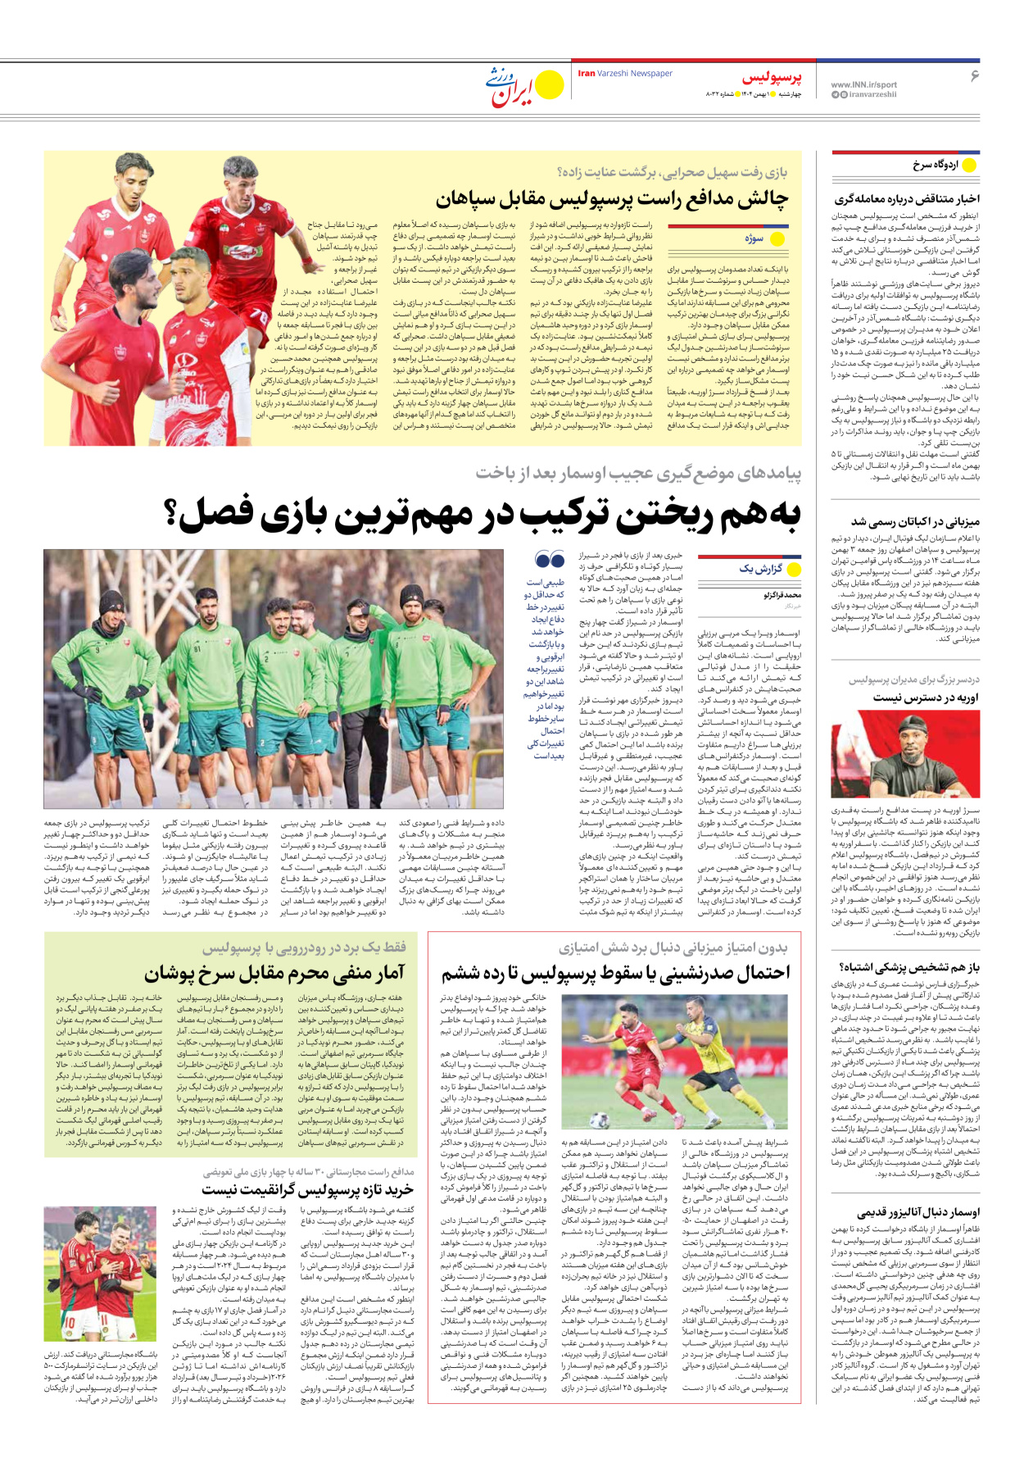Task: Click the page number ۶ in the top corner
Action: coord(974,75)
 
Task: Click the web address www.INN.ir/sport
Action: coord(863,84)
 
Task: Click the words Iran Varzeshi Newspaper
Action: coord(625,73)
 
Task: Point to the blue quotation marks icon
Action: coord(549,561)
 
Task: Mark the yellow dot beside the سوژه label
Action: coord(777,239)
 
